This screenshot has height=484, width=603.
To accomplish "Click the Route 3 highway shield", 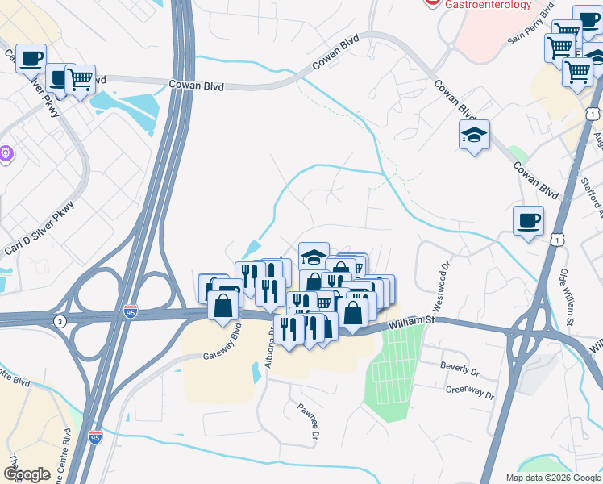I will click(x=60, y=322).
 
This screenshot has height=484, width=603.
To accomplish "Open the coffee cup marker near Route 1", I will click(x=528, y=220).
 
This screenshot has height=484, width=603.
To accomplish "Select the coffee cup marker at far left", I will click(x=30, y=58).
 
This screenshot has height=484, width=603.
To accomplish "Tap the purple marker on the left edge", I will click(x=5, y=151).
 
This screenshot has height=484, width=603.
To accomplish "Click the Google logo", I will click(x=27, y=474).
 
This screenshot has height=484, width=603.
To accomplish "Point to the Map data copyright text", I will click(x=552, y=477).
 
